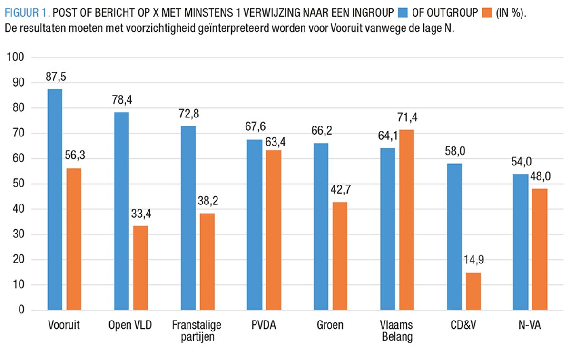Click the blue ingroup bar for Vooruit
(x=55, y=200)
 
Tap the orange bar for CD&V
(x=473, y=291)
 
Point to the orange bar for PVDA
(x=274, y=230)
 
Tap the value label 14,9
(x=473, y=261)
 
